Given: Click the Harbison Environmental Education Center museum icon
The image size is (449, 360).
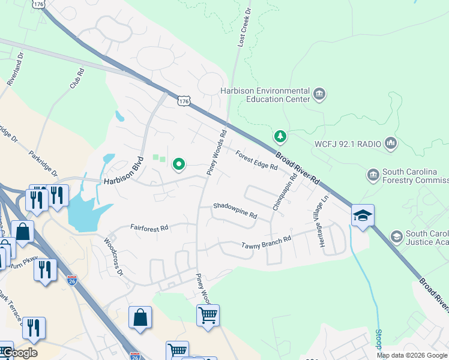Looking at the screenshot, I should point(319,95).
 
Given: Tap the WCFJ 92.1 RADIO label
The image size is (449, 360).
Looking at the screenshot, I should point(347,143).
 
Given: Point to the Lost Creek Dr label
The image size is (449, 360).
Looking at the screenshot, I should point(246,24).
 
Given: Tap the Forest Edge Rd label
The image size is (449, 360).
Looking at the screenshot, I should point(256,160).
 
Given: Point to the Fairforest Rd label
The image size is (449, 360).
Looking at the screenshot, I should point(149,228).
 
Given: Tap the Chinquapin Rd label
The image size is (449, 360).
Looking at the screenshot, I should point(285,191).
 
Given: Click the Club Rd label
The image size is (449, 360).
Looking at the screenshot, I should point(76,78).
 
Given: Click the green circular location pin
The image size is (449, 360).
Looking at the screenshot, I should point(179,163).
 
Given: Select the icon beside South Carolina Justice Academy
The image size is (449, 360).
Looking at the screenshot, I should point(396,236).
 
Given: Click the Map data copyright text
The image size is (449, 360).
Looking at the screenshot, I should point(412,355).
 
